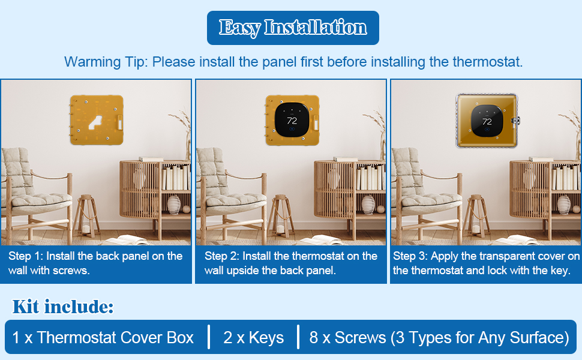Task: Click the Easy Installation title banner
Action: coord(293,28)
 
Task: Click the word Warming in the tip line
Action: coord(86,62)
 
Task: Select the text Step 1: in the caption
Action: coord(25,256)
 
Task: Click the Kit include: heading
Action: coord(63,307)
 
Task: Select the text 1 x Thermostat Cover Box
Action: coord(103,337)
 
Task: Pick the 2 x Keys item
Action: coord(253,337)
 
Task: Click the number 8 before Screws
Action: coord(314,337)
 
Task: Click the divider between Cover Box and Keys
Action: coord(209,337)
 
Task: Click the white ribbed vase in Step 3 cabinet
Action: coord(563,205)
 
